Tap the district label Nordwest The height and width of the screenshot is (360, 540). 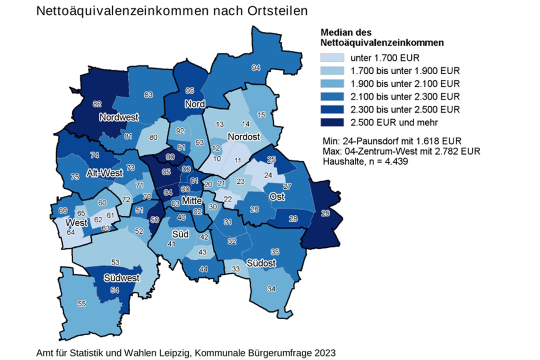(119, 118)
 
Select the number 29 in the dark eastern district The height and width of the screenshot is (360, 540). (325, 214)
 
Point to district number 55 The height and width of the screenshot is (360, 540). (81, 303)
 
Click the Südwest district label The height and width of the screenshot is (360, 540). (122, 278)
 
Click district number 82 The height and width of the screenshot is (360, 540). (97, 104)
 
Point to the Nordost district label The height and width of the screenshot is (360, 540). (243, 137)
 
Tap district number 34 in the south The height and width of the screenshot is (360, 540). (272, 289)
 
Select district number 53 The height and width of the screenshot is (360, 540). (116, 262)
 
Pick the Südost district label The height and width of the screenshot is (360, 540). (261, 264)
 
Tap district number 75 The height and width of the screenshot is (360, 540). (75, 177)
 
